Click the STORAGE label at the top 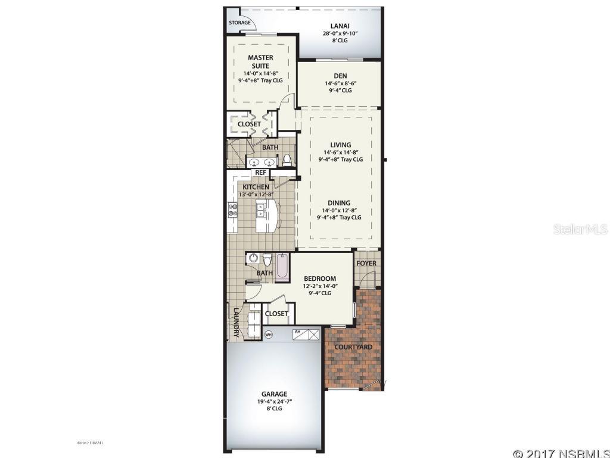tap(239, 23)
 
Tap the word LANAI tap(340, 26)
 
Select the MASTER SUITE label tap(260, 61)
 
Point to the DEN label tap(340, 75)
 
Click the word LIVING tap(340, 144)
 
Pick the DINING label tap(338, 203)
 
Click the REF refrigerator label tap(260, 172)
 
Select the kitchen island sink tap(261, 209)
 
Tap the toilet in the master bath tap(287, 160)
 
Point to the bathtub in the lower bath tap(282, 265)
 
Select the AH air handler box tap(306, 333)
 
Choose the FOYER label tap(366, 263)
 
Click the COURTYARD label tap(353, 346)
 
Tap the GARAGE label tap(274, 394)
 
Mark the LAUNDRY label tap(236, 323)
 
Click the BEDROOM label tap(320, 278)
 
